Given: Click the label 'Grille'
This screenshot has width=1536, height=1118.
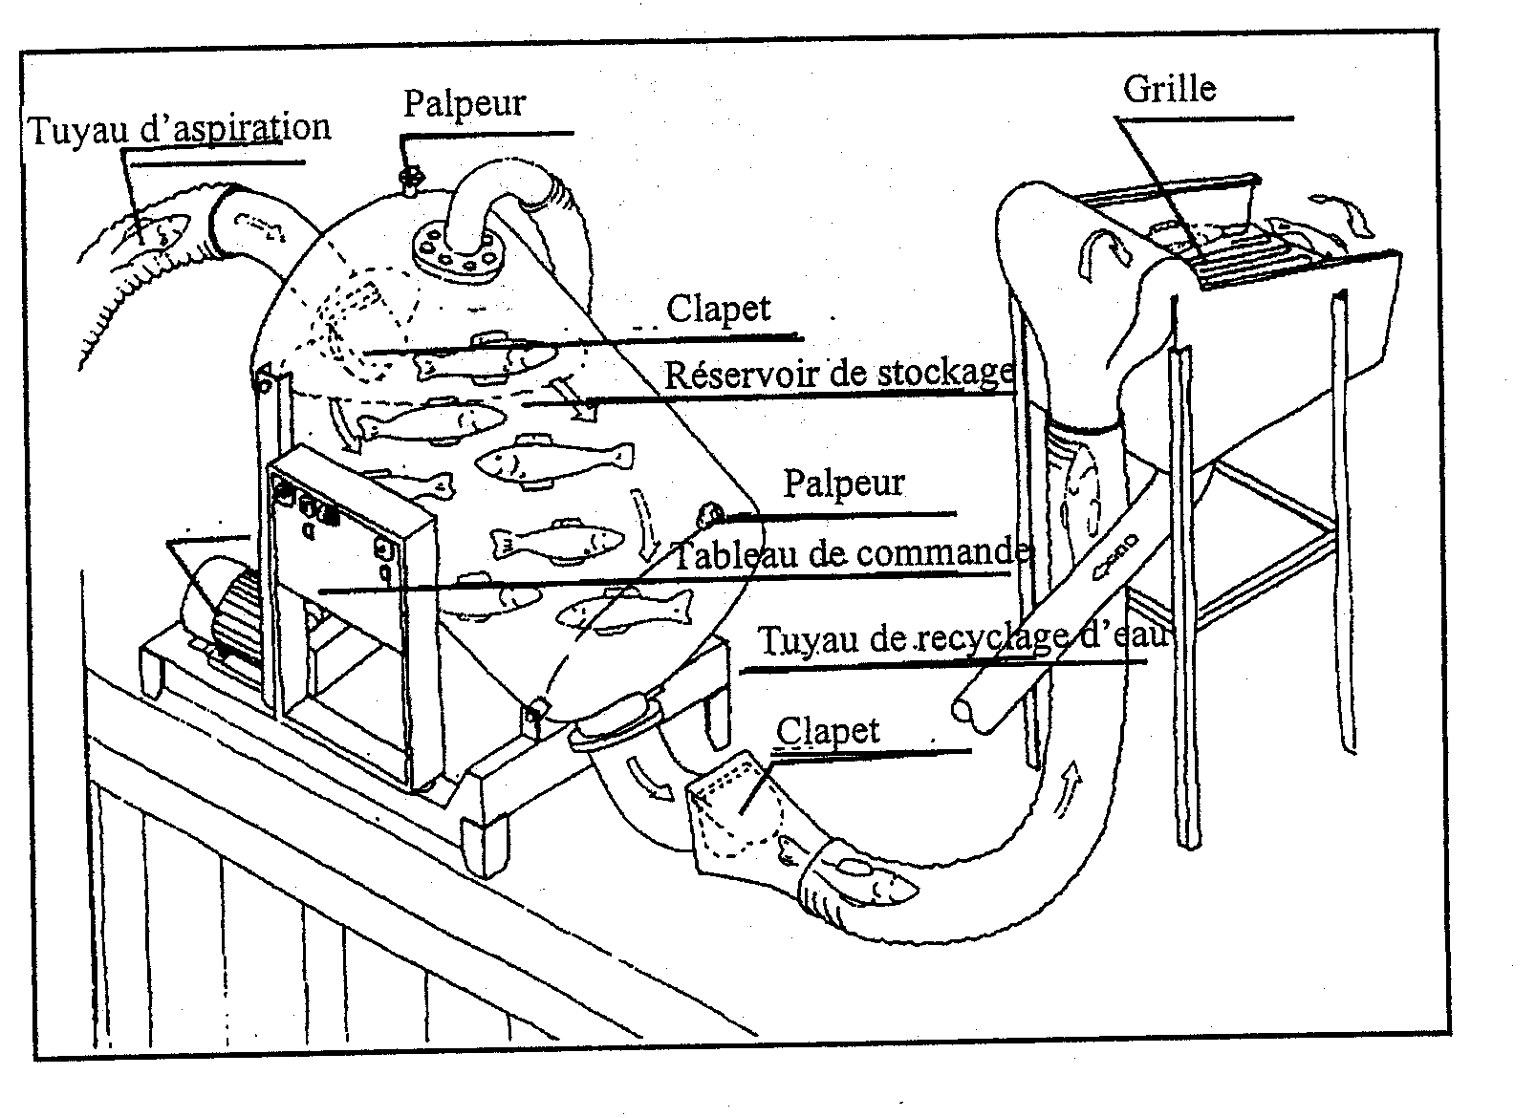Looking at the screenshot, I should (x=1169, y=89).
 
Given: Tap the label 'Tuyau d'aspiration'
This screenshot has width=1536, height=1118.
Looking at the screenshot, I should (x=180, y=129).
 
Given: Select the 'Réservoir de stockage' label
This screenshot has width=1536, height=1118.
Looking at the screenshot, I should (x=839, y=374).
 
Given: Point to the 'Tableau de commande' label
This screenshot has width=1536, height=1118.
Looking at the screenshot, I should (x=851, y=553).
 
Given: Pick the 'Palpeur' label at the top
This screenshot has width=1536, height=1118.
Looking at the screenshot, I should (x=465, y=103).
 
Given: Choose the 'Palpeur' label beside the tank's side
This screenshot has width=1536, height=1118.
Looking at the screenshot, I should (x=844, y=483).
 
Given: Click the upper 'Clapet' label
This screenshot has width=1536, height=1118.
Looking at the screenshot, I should (x=718, y=309).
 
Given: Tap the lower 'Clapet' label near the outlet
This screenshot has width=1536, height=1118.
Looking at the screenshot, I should (x=828, y=731).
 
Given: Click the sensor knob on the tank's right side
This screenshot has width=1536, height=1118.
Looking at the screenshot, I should (x=711, y=516).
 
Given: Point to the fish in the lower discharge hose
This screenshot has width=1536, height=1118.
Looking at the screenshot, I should (x=872, y=881).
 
